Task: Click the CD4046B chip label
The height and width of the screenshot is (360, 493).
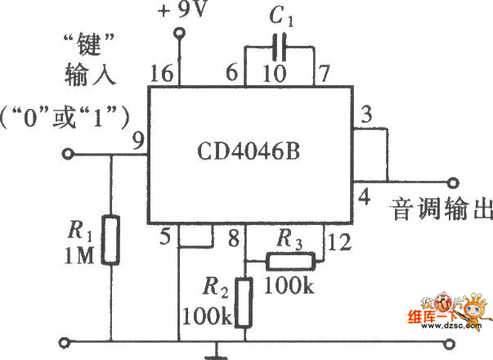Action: tap(249, 152)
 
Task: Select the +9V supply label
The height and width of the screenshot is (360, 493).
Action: tap(182, 11)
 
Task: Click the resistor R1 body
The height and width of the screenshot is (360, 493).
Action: tap(111, 241)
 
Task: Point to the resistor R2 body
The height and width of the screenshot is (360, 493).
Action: tap(243, 302)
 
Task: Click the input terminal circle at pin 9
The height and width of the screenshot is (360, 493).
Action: tap(70, 155)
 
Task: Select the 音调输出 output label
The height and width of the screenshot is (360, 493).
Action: tap(441, 209)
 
